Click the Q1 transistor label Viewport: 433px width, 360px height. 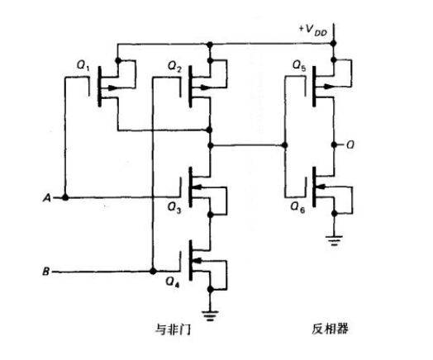tap(83, 65)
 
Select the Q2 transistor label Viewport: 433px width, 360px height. tap(174, 65)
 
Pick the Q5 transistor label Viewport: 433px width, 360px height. tap(297, 65)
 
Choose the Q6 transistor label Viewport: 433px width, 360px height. tap(297, 208)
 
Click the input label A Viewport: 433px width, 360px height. tap(47, 198)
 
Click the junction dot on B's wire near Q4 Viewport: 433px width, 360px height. tap(153, 271)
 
